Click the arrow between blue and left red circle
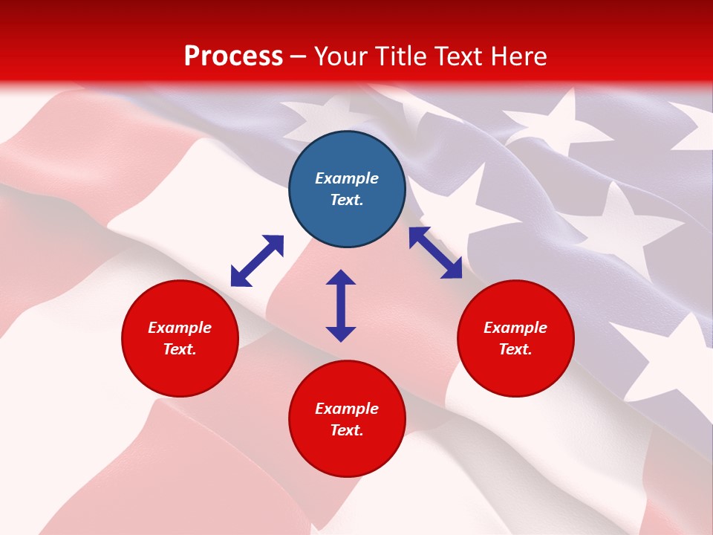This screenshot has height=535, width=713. [257, 261]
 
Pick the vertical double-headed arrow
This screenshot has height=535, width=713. [341, 305]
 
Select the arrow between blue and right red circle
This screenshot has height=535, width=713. [435, 253]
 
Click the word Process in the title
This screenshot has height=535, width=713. [233, 56]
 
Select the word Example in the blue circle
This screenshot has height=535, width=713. [347, 178]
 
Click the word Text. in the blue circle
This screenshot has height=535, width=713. [347, 201]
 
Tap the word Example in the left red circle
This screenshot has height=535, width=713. [180, 328]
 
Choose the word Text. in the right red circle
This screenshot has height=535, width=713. [515, 349]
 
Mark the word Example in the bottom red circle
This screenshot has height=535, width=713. [347, 409]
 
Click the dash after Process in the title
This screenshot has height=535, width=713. [299, 57]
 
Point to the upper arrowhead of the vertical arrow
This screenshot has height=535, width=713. [341, 278]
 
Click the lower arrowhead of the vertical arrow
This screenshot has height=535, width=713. [341, 334]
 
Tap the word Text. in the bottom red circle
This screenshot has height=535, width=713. [347, 430]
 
